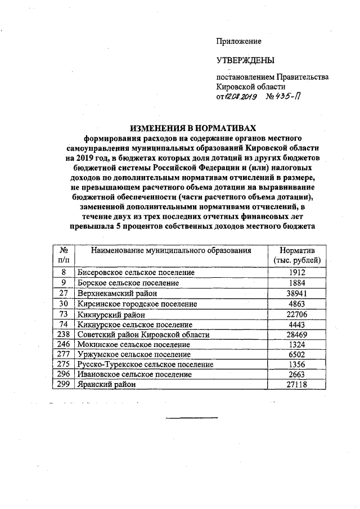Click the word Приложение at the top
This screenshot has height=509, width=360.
point(239,41)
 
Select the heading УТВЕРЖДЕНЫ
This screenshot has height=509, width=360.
point(246,60)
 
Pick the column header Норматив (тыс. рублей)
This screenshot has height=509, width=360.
point(296,255)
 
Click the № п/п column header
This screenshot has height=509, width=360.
point(64,255)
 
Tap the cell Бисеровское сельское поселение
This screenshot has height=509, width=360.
point(136,272)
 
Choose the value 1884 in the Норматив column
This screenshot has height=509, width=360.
point(296,283)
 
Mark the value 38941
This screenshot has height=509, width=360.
point(296,293)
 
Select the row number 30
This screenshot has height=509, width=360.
point(64,304)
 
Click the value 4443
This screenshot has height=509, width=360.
point(296,325)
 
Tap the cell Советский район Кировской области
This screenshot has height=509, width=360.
point(143,335)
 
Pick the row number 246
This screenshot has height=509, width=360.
point(64,345)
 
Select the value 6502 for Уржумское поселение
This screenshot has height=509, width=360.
point(296,355)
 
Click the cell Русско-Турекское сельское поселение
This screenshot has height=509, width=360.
point(146,364)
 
